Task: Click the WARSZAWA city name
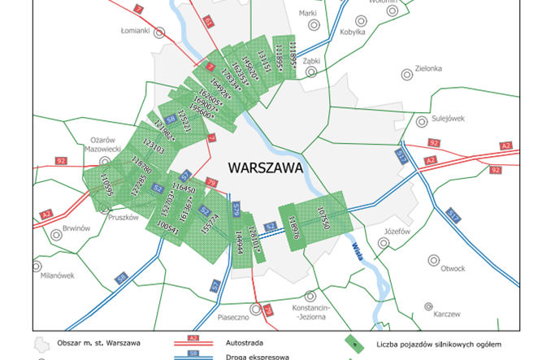pos(265,169)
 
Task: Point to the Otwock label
pos(451,268)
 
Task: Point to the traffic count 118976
pos(293,222)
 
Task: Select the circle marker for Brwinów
pos(56,236)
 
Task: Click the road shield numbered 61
pos(206,20)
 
